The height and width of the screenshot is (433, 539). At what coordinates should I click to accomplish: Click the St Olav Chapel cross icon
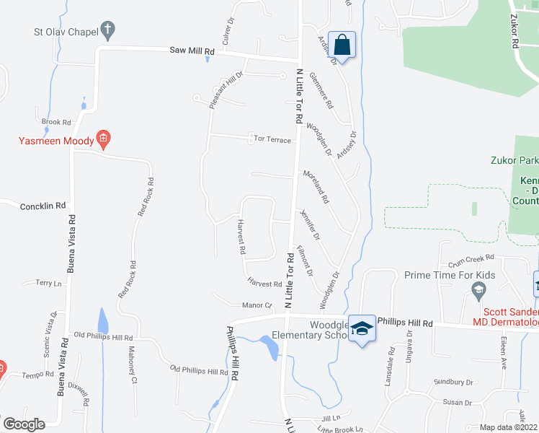107,30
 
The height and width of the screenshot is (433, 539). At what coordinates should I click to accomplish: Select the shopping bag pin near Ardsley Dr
342,45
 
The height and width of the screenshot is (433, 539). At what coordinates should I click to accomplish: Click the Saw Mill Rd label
192,51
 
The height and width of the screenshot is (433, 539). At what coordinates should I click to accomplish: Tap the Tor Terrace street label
272,138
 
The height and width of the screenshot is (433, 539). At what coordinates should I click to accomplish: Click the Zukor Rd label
516,32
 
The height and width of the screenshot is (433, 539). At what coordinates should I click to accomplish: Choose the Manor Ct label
257,305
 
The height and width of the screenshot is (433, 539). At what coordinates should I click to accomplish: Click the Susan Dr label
458,402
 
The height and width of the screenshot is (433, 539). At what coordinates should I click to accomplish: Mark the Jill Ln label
331,418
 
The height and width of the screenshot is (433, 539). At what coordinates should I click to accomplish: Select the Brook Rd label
56,122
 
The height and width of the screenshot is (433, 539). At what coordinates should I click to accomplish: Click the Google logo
23,424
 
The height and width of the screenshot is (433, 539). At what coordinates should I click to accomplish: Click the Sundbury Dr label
453,382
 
